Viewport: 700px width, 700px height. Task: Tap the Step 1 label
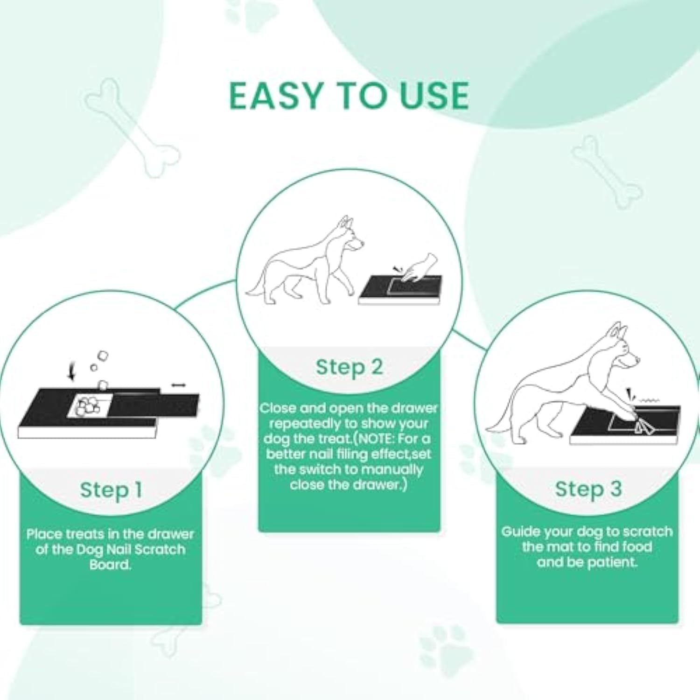(x=111, y=490)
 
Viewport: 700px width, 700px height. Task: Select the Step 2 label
(x=349, y=367)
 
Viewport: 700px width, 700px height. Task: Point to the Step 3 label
(x=588, y=489)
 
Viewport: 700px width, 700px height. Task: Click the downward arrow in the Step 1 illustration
(x=71, y=372)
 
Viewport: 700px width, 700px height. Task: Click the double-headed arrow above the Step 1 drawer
(x=178, y=385)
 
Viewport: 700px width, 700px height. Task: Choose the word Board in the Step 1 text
(x=110, y=565)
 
